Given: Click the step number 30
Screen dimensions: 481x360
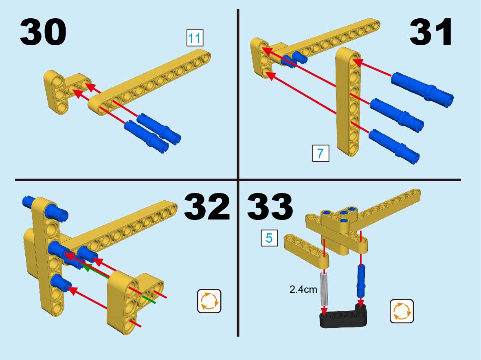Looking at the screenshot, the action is click(x=43, y=32).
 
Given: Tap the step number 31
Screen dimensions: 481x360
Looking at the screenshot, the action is click(x=430, y=32).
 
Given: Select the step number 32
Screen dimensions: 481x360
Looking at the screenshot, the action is click(x=207, y=207).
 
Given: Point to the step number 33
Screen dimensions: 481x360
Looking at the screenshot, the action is click(x=270, y=207).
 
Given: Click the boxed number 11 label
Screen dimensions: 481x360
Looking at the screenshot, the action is click(x=195, y=38).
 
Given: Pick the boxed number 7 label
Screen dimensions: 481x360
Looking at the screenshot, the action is click(x=321, y=153).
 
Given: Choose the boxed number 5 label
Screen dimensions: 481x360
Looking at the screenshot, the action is click(x=269, y=238).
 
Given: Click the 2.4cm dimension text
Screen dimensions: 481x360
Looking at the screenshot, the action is click(x=303, y=289).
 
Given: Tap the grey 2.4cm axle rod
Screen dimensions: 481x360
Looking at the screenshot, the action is click(x=324, y=288).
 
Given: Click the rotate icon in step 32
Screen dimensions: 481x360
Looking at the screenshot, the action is click(x=209, y=301).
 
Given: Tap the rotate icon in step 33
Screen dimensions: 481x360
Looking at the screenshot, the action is click(x=402, y=311).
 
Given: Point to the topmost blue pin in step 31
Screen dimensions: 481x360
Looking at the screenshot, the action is click(x=422, y=90).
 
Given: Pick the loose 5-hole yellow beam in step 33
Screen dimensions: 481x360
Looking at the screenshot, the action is click(x=306, y=250).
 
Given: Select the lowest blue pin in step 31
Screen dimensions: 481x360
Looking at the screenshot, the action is click(x=394, y=147).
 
